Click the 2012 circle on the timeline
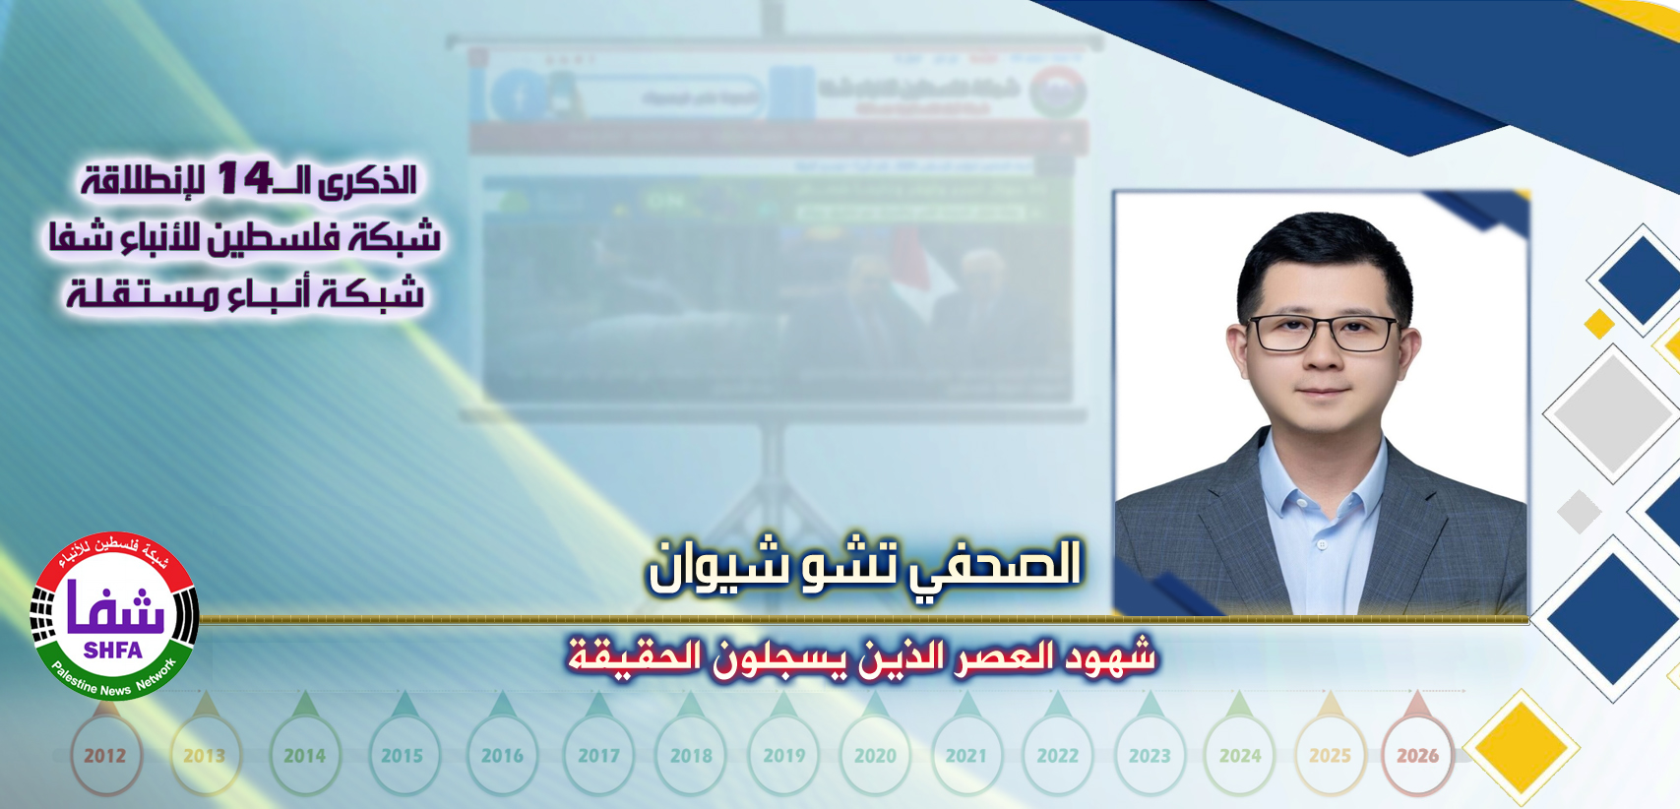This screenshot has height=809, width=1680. (104, 756)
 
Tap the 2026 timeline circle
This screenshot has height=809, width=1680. (1417, 756)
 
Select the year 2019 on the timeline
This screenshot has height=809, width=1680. (784, 756)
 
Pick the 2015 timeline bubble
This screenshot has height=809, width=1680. (402, 756)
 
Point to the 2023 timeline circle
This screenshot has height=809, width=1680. (1150, 756)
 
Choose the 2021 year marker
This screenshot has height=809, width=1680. (965, 756)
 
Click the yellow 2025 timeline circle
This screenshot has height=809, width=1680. (1330, 756)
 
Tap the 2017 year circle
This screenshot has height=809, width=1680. (598, 756)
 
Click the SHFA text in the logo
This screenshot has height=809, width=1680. (113, 651)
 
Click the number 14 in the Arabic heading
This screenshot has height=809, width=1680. (244, 179)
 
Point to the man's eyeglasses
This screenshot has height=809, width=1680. (1322, 334)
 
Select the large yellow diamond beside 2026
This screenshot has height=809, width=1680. (1521, 748)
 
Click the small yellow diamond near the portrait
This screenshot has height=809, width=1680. (1599, 323)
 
